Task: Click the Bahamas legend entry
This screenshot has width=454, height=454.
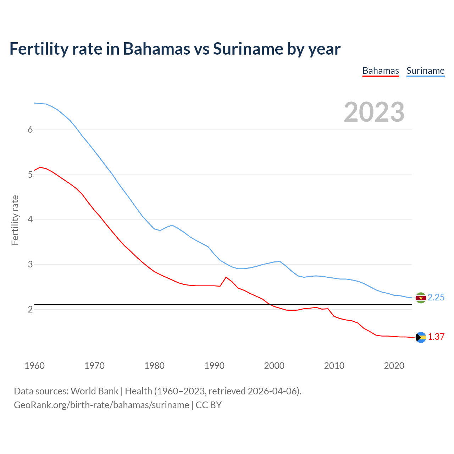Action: coord(381,71)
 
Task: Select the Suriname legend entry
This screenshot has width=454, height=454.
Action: coord(425,71)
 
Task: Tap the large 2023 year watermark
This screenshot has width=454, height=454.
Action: coord(374,112)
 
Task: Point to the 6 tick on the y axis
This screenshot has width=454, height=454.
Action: coord(30,130)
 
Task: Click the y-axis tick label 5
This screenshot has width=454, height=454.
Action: coord(30,175)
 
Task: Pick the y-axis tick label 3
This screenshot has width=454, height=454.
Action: coord(30,264)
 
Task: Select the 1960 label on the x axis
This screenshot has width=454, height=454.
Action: coord(34,366)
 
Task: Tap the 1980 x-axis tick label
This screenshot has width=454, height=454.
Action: coord(154,366)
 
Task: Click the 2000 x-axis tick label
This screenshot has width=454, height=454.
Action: coord(274,366)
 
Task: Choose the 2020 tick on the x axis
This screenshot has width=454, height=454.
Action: coord(394,366)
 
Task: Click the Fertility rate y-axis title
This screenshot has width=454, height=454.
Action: coord(15,220)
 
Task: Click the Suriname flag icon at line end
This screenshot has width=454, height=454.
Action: coord(421,298)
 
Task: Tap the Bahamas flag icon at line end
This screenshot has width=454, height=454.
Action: coord(421,337)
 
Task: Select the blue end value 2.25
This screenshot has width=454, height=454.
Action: coord(436,298)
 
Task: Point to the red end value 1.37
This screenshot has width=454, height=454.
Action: coord(436,337)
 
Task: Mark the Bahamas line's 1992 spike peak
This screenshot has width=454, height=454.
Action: coord(226,277)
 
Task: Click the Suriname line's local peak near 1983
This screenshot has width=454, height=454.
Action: coord(172,225)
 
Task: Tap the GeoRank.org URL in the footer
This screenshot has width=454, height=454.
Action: coord(101,405)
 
